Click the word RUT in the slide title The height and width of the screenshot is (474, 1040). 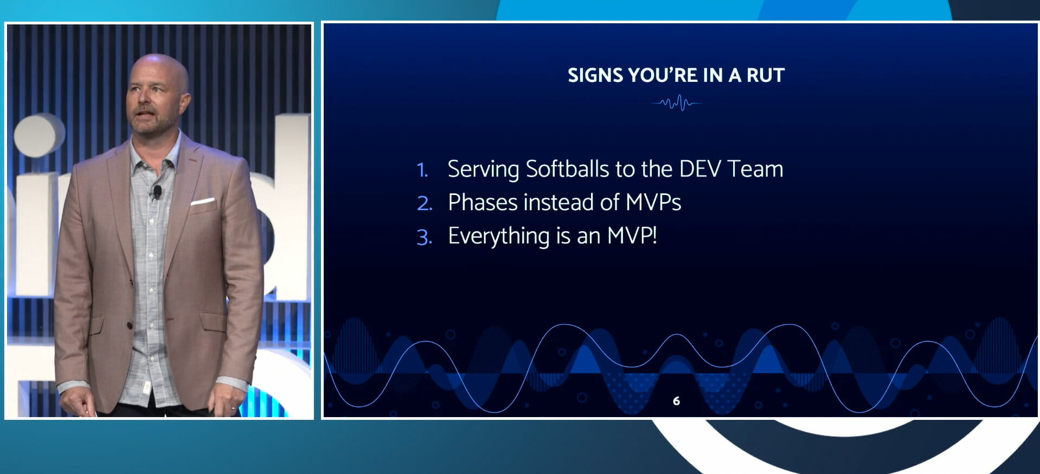coord(766,75)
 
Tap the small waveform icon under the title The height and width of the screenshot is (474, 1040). coord(677,102)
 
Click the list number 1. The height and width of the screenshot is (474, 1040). coord(422,170)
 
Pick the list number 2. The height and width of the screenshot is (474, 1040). coord(425,204)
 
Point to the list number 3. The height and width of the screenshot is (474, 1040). coord(425,237)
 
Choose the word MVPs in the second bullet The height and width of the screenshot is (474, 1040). coord(653,203)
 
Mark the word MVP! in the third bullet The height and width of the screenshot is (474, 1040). coord(632,236)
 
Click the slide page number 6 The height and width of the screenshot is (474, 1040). coord(676,401)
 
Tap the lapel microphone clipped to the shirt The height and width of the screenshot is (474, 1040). coord(157,191)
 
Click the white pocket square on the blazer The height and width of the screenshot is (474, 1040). coord(202,202)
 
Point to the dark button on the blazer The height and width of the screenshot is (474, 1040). coord(130,325)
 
